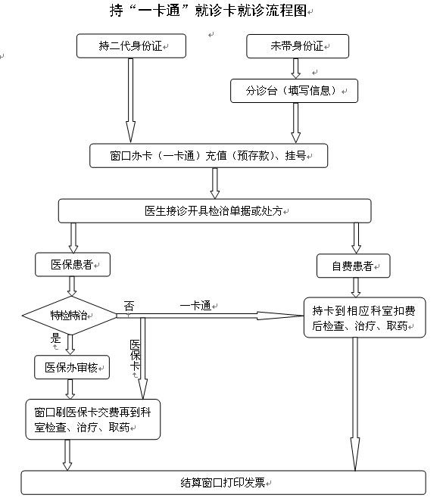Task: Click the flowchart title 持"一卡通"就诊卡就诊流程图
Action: [208, 10]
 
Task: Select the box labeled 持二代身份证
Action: [131, 46]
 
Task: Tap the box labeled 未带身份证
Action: [298, 46]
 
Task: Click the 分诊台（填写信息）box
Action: [294, 91]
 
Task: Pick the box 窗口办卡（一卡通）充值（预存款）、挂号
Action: [208, 156]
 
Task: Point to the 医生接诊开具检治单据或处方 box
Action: [214, 211]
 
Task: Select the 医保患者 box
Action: [73, 265]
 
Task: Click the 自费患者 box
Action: [353, 266]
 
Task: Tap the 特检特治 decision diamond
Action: [70, 316]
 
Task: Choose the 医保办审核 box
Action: [72, 368]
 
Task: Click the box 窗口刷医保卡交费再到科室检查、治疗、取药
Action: [93, 419]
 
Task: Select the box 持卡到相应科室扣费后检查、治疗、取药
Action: [364, 318]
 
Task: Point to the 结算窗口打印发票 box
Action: [223, 483]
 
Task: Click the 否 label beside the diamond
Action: [129, 307]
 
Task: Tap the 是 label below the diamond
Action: [56, 338]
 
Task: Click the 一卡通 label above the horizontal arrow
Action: [195, 306]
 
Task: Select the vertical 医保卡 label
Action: [135, 355]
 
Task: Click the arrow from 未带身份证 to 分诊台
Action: [296, 69]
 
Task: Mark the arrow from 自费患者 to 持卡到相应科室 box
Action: [356, 288]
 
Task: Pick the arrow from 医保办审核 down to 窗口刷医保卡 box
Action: [70, 389]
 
